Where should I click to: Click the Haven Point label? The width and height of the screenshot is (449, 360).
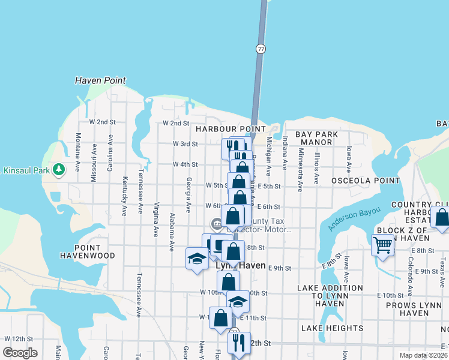[100, 80]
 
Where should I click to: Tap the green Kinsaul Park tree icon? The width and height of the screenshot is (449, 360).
[58, 170]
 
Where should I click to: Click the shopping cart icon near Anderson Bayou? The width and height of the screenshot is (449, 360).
[382, 244]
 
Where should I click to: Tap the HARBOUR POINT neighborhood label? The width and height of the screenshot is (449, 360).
[229, 129]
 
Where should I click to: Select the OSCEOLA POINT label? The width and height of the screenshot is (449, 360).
[364, 181]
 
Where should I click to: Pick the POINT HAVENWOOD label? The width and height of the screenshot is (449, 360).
[86, 251]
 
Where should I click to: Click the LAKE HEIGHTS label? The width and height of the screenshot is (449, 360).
[332, 328]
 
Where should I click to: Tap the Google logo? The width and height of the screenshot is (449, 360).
[20, 353]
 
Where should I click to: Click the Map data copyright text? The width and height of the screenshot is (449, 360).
[423, 355]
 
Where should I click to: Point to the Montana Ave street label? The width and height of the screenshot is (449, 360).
[78, 161]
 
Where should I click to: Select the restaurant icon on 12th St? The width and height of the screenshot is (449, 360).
[239, 342]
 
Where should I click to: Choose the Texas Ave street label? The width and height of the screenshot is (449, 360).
[442, 273]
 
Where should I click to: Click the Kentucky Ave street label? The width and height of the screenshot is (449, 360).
[124, 196]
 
